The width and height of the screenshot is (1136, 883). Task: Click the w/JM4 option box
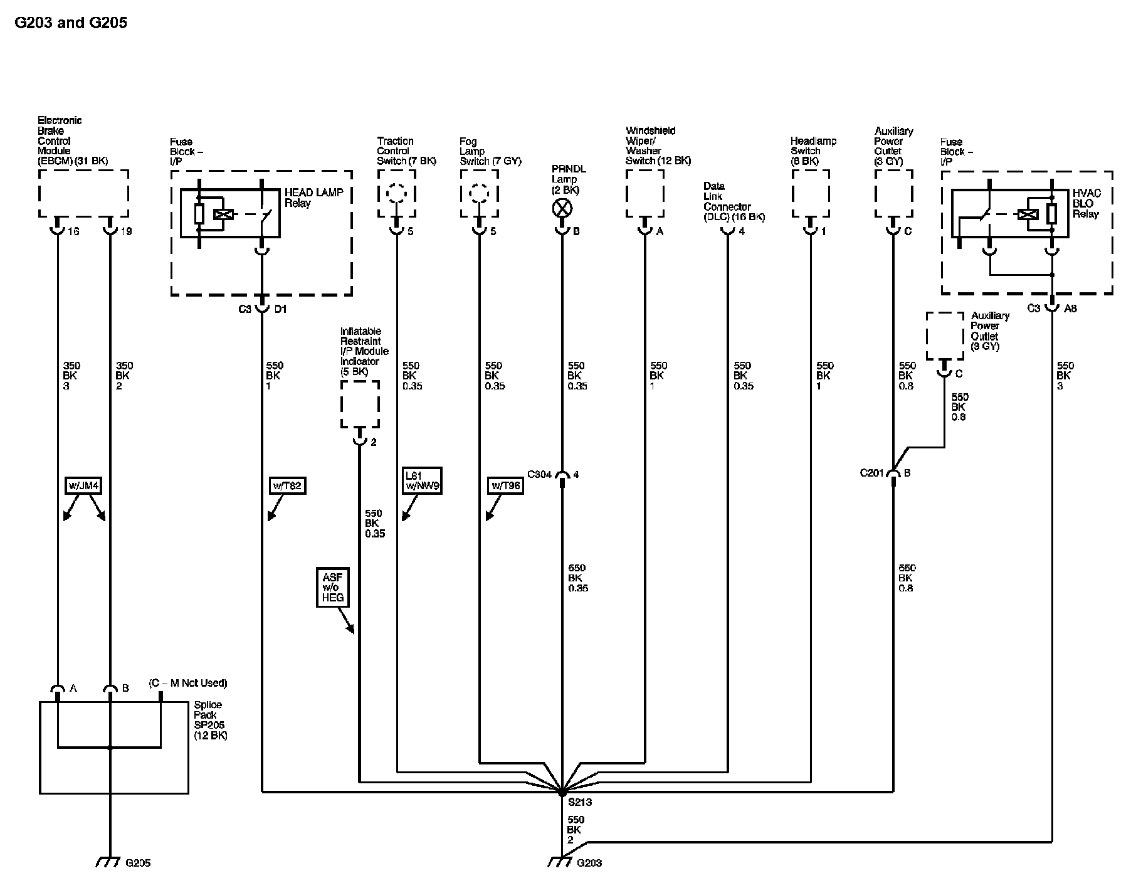click(83, 485)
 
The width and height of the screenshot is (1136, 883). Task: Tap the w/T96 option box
click(505, 485)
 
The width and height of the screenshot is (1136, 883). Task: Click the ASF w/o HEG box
click(333, 588)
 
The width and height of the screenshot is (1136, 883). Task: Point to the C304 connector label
click(539, 475)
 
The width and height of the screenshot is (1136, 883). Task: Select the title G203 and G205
click(71, 23)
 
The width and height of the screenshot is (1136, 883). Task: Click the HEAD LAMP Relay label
click(314, 198)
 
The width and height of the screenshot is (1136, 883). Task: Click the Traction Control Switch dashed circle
click(396, 194)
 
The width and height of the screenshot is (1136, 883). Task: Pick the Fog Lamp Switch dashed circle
click(479, 194)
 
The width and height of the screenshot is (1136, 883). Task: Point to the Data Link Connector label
click(734, 202)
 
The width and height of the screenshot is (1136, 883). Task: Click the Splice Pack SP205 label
click(211, 720)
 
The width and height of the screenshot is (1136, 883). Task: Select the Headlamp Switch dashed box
click(811, 194)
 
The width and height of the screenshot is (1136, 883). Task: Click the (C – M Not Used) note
click(188, 683)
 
